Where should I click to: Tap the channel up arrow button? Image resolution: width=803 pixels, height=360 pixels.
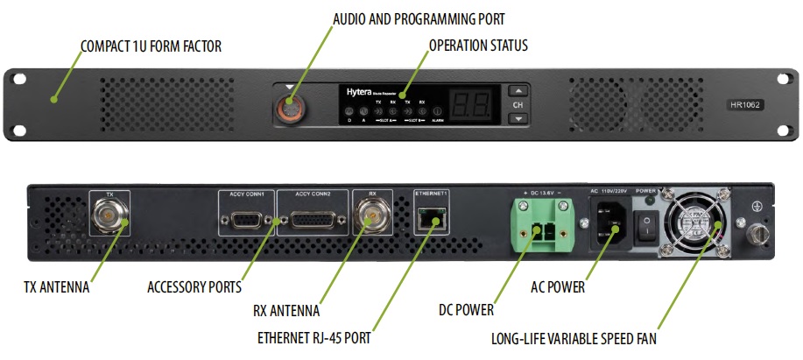[518, 91]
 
